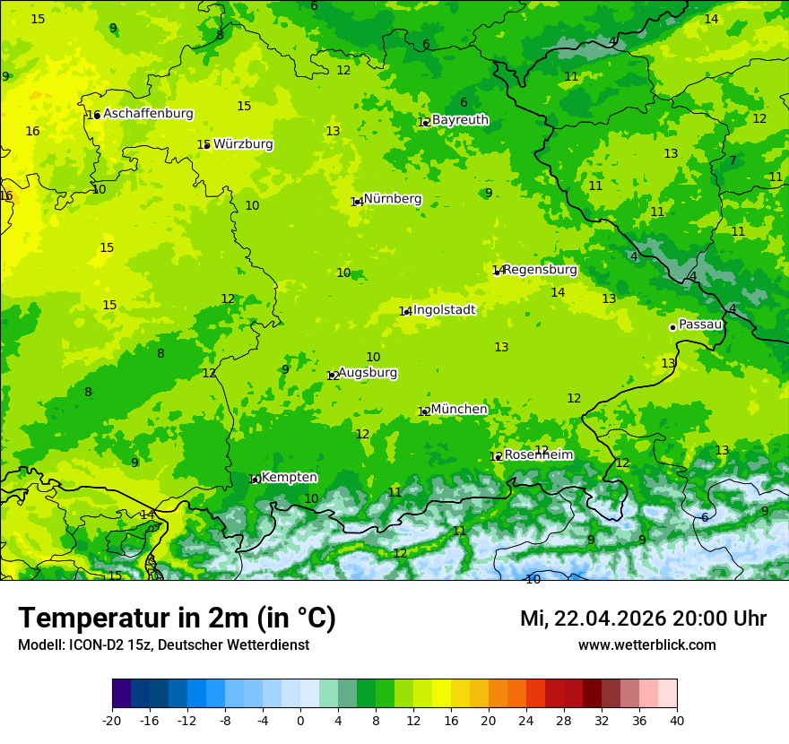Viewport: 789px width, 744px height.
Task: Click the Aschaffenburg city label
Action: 148,114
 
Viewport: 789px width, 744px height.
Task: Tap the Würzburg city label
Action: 243,144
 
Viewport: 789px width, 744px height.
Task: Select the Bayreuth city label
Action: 460,120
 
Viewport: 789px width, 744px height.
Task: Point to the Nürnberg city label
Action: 393,199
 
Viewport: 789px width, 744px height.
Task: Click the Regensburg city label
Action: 540,270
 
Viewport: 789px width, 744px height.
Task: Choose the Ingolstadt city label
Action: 444,310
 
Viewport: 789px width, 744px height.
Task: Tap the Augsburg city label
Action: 368,373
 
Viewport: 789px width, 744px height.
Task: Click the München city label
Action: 459,410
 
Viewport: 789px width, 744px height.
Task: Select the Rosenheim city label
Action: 538,455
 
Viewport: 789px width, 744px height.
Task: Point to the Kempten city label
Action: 289,478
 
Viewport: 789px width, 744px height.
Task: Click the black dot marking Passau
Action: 672,327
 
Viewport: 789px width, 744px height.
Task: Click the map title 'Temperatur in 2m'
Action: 178,619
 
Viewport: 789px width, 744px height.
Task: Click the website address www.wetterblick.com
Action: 646,645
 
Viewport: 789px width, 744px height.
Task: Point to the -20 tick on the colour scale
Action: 112,720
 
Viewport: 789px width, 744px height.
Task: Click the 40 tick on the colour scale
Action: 676,720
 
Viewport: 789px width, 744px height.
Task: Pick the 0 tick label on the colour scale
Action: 300,720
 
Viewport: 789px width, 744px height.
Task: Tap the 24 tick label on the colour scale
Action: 526,720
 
